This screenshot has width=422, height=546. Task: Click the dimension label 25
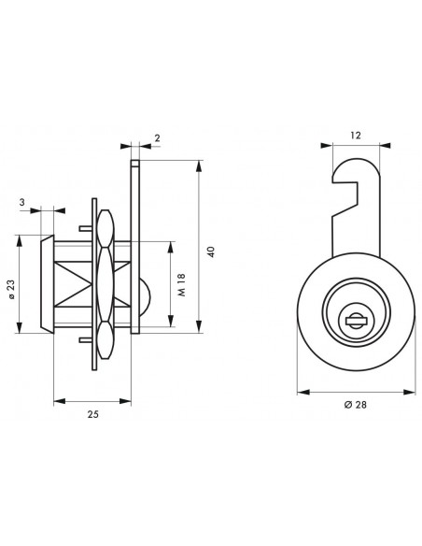click(x=92, y=414)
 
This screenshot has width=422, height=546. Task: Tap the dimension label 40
click(x=211, y=251)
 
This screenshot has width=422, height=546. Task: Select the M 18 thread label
click(x=182, y=284)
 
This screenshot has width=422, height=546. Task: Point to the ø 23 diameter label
click(x=11, y=289)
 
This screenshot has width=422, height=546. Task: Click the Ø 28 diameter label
click(x=356, y=405)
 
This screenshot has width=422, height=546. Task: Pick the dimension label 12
click(x=356, y=136)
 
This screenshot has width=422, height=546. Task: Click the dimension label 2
click(x=157, y=137)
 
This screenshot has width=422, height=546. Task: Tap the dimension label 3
click(x=22, y=202)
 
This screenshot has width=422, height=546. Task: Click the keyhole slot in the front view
click(x=356, y=320)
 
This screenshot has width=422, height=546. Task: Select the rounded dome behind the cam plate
click(x=146, y=296)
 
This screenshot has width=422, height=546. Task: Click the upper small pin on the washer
click(x=86, y=228)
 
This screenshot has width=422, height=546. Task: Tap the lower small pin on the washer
click(x=86, y=340)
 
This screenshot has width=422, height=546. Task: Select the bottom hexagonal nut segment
click(x=105, y=340)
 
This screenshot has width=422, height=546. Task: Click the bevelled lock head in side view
click(x=48, y=284)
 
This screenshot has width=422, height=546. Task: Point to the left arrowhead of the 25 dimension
click(x=60, y=401)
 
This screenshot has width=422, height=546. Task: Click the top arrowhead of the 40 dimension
click(x=199, y=166)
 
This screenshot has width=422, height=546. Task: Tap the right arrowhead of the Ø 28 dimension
click(x=410, y=393)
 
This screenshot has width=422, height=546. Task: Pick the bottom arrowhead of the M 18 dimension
click(x=170, y=321)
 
